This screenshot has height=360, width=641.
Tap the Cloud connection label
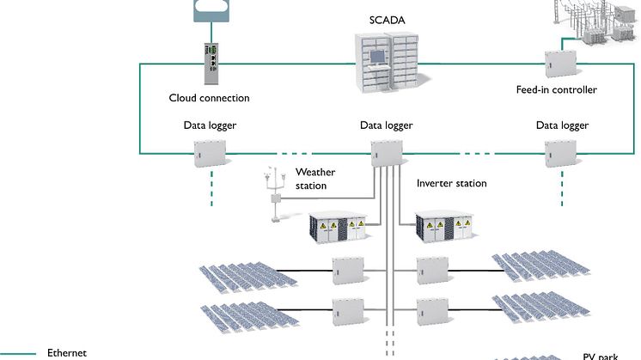click(x=210, y=98)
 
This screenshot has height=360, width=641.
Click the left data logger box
click(x=209, y=152)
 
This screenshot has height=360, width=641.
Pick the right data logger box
click(x=558, y=153)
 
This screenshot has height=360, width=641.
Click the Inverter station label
click(x=451, y=183)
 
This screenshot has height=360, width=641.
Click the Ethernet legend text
click(x=67, y=352)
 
